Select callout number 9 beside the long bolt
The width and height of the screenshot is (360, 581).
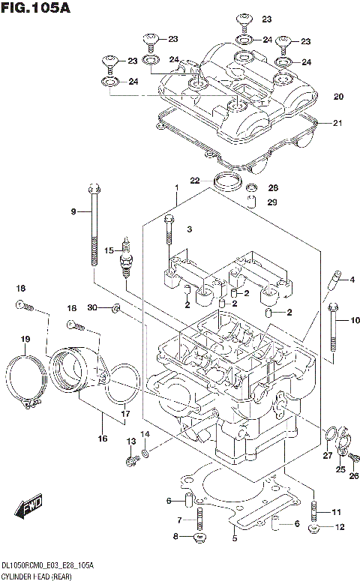point(74,212)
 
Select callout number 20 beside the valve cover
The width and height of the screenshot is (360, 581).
point(338,97)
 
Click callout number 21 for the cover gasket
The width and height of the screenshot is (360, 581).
point(337,123)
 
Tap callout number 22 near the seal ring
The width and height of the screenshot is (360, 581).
point(194,181)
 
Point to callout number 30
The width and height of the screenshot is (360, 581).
point(92,308)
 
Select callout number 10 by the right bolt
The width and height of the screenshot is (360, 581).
point(355,321)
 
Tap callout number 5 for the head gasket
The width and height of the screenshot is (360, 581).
point(234,538)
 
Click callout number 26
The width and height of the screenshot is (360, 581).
point(355,475)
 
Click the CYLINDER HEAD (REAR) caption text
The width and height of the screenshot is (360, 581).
point(37,574)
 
